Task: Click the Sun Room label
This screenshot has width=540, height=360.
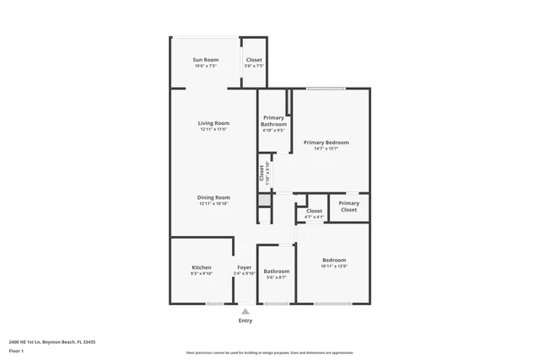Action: pyautogui.click(x=205, y=60)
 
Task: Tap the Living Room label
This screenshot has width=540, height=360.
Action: pyautogui.click(x=214, y=123)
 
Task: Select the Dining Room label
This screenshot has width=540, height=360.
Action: pyautogui.click(x=214, y=197)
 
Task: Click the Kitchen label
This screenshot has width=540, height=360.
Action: pyautogui.click(x=201, y=267)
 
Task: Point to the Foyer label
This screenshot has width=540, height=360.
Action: pyautogui.click(x=244, y=267)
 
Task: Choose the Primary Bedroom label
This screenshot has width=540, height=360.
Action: pyautogui.click(x=326, y=142)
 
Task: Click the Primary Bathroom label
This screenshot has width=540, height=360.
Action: pyautogui.click(x=273, y=121)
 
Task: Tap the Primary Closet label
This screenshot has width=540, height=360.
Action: pyautogui.click(x=348, y=207)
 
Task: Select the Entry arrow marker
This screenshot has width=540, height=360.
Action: pyautogui.click(x=246, y=311)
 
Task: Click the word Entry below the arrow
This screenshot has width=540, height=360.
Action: pyautogui.click(x=246, y=320)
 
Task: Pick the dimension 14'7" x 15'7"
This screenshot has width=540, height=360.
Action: pyautogui.click(x=326, y=149)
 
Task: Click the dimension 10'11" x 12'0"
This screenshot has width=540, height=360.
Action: pyautogui.click(x=333, y=266)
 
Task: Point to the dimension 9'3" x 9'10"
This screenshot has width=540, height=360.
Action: pyautogui.click(x=201, y=273)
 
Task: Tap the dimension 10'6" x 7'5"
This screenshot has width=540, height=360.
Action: pyautogui.click(x=205, y=66)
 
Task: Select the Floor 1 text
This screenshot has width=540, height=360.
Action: pyautogui.click(x=17, y=351)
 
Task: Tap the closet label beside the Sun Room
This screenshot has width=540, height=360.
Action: pyautogui.click(x=253, y=60)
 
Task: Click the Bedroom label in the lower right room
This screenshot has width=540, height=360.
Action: pyautogui.click(x=333, y=260)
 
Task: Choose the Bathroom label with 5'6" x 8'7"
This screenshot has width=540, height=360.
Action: pyautogui.click(x=277, y=271)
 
